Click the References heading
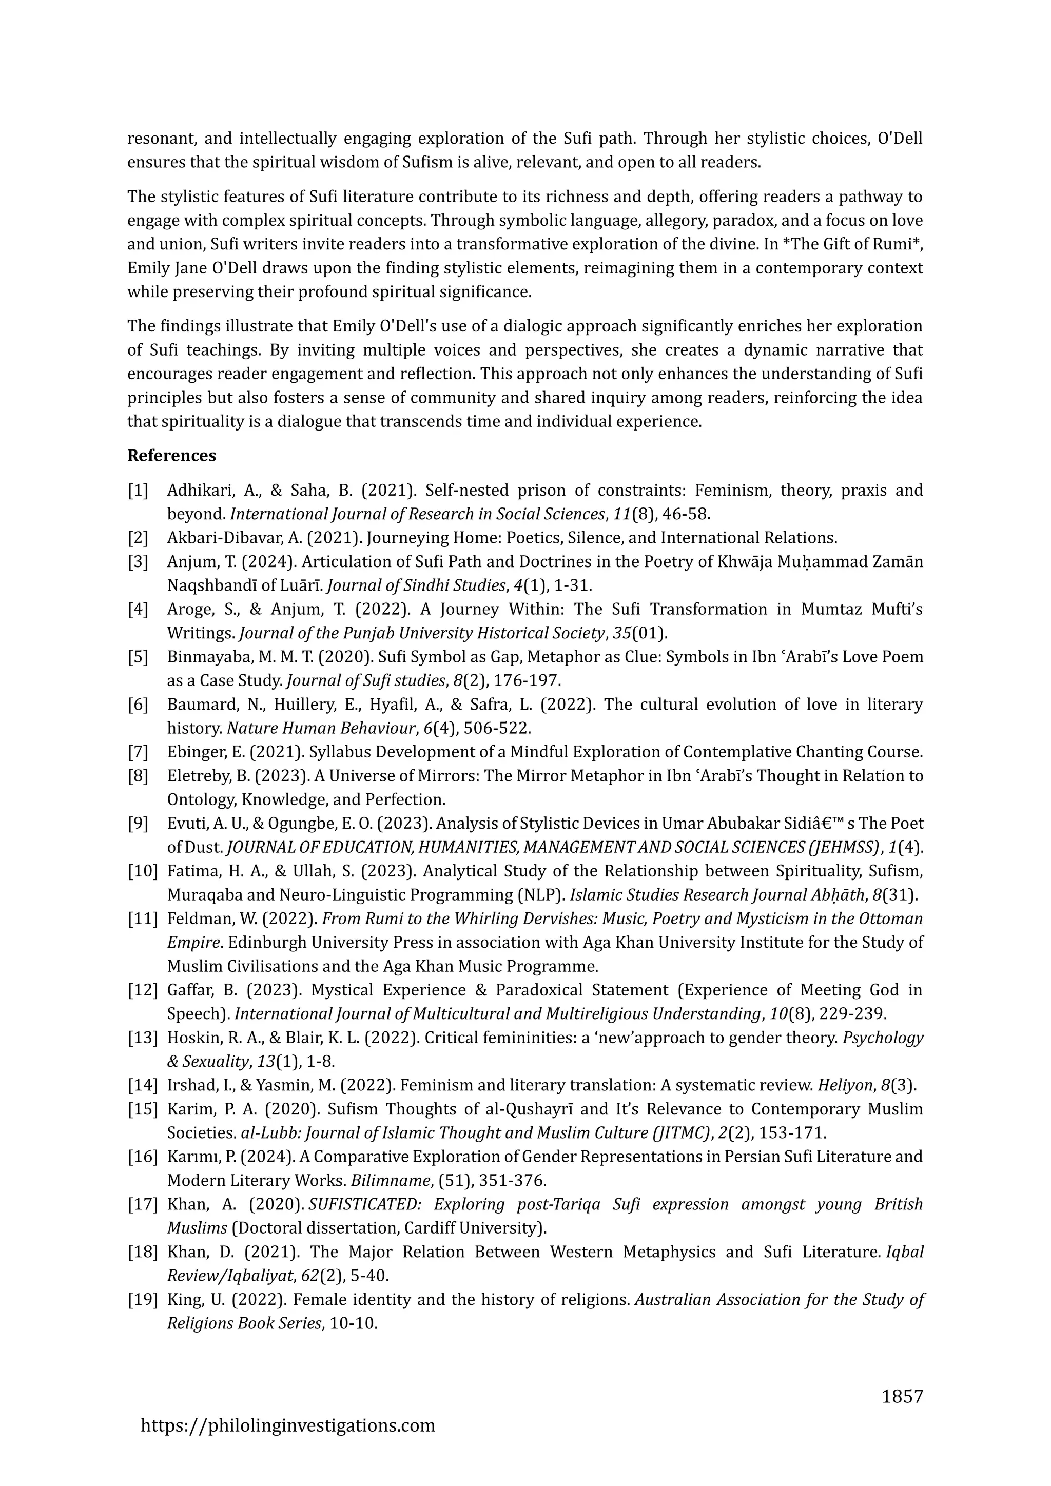point(171,456)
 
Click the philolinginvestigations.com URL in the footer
point(288,1425)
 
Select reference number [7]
point(138,752)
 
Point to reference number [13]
point(142,1038)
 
